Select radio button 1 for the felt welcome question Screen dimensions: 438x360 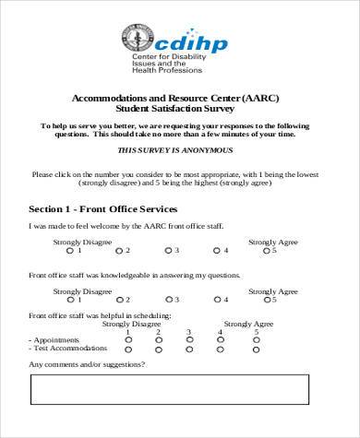pos(70,250)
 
